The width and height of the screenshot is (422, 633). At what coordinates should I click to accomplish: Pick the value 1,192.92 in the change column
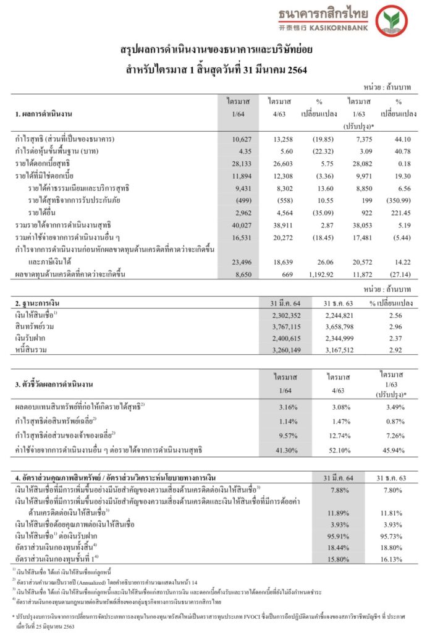coord(318,275)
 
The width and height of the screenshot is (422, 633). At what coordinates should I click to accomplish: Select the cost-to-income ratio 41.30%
coord(281,448)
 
